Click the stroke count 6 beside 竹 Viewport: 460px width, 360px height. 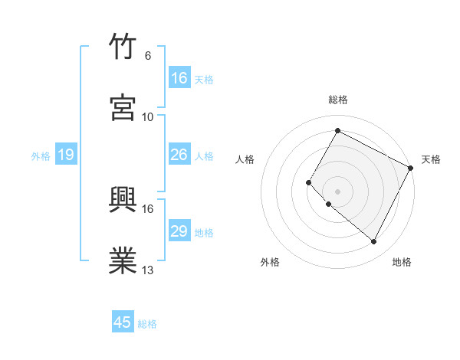click(147, 56)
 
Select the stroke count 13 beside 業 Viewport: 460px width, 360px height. click(147, 270)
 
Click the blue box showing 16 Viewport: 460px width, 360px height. click(179, 78)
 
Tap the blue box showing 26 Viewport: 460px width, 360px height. click(179, 155)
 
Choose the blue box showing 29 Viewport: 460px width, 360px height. click(179, 231)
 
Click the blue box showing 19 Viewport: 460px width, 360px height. click(66, 155)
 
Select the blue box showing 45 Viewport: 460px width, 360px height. click(123, 322)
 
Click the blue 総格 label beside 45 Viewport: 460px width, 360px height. click(148, 324)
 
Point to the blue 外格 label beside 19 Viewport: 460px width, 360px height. click(41, 156)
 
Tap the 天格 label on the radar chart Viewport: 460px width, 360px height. click(431, 159)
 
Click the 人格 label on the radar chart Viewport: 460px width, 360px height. click(245, 159)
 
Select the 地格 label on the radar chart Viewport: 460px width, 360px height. click(402, 262)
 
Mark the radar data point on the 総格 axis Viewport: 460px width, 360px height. click(337, 131)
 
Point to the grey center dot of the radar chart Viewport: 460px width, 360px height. click(337, 191)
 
